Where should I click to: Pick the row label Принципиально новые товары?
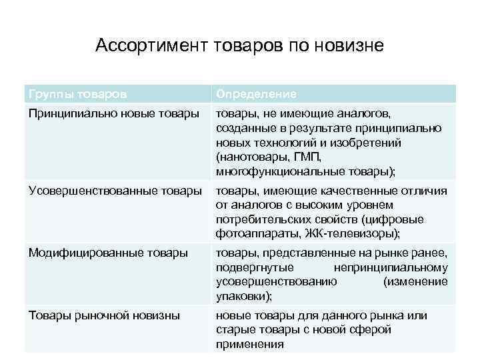tap(113, 114)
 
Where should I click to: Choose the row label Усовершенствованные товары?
tap(115, 191)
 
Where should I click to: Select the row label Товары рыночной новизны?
tap(104, 315)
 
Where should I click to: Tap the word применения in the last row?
tap(250, 345)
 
